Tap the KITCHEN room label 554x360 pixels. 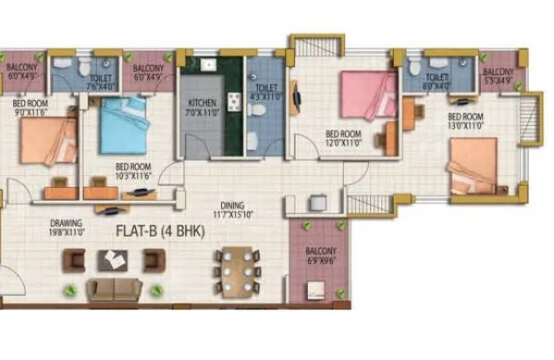[x=203, y=103]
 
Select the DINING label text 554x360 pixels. [x=230, y=206]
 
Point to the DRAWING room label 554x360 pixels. [x=68, y=223]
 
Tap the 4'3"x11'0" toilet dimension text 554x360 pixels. [x=265, y=95]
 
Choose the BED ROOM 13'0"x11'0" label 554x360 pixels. [x=466, y=121]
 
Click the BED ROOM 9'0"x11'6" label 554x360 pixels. [x=31, y=108]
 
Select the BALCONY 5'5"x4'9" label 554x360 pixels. [x=499, y=76]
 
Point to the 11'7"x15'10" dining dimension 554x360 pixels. [x=231, y=216]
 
